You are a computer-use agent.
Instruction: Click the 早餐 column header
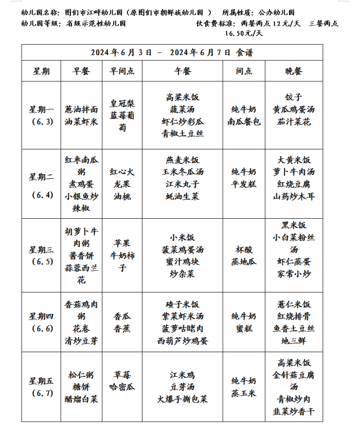[x=81, y=72]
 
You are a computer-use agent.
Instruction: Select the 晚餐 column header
[x=293, y=72]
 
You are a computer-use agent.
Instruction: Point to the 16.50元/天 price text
[x=244, y=33]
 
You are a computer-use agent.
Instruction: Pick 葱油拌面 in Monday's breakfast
[x=81, y=110]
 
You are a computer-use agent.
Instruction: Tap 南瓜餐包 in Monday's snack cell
[x=244, y=122]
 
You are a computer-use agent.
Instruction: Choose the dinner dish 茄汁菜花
[x=293, y=122]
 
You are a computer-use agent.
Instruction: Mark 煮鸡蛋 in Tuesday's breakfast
[x=81, y=184]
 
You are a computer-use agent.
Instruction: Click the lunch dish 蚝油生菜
[x=183, y=197]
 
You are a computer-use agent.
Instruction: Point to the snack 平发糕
[x=244, y=184]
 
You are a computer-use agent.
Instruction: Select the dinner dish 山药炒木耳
[x=293, y=197]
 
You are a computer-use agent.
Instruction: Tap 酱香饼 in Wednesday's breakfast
[x=81, y=255]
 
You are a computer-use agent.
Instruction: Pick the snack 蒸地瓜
[x=244, y=262]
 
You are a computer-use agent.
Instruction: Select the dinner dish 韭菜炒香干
[x=293, y=411]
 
